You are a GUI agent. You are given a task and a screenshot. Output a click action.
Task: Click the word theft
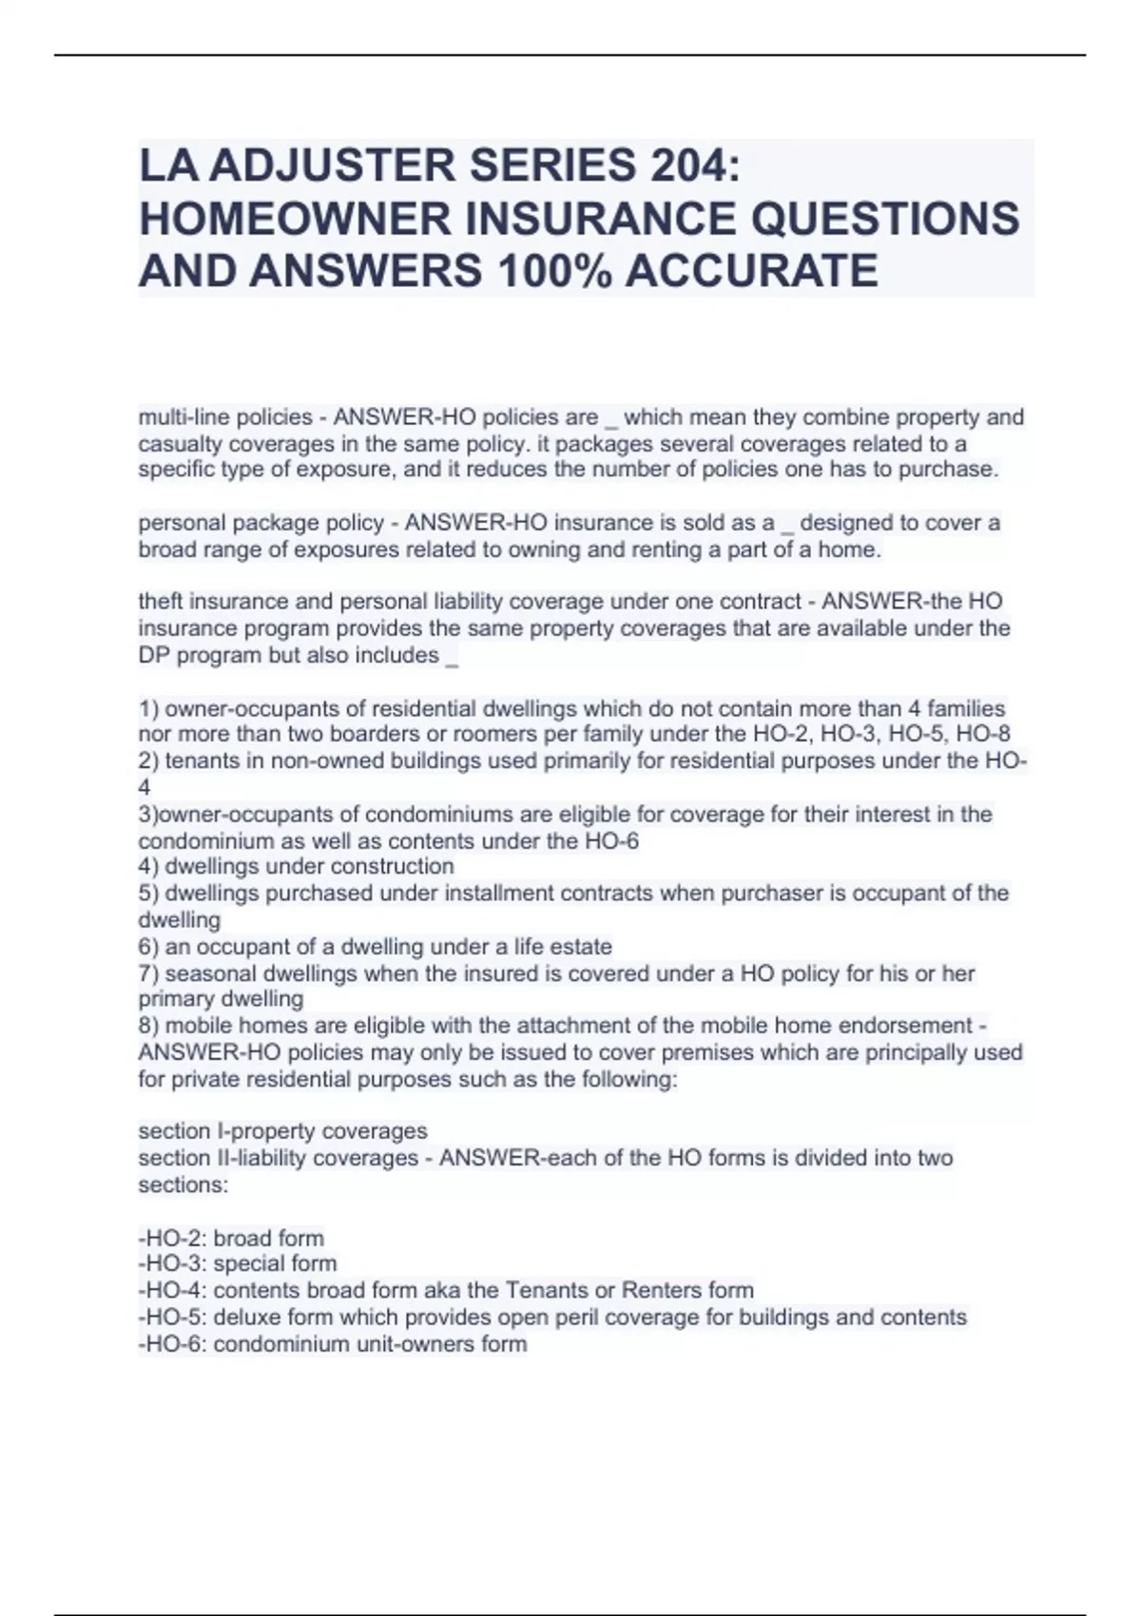point(161,602)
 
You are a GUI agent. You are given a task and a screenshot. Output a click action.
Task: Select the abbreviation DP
point(153,655)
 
